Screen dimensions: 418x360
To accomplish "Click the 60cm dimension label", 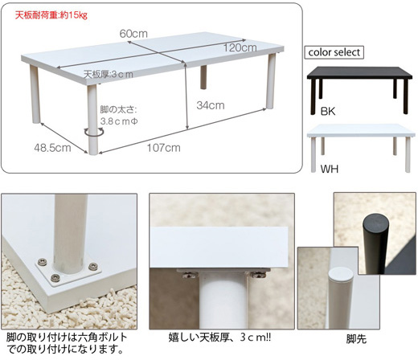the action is [x=133, y=34].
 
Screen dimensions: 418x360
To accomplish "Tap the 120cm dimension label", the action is [x=240, y=47].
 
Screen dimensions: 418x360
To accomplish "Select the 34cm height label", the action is [x=211, y=105].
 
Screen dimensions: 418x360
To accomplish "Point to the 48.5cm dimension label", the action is [x=52, y=148].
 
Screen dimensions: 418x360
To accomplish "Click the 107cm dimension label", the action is [x=164, y=148].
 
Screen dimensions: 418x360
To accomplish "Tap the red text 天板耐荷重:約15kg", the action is [x=51, y=15].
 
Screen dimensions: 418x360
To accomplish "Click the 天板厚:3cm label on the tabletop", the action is [x=109, y=74].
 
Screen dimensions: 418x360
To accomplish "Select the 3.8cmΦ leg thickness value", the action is [x=119, y=121].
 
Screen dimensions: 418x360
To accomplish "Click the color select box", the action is [x=334, y=52].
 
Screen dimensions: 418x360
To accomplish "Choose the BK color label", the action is [x=328, y=111].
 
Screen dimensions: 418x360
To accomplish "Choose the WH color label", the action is [x=330, y=169].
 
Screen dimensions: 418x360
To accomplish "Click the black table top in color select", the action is [x=359, y=73].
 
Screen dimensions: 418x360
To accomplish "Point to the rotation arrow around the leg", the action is [x=93, y=133].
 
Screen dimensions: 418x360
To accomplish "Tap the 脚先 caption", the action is [x=356, y=339].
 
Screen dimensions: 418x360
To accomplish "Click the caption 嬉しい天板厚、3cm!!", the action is [x=219, y=337].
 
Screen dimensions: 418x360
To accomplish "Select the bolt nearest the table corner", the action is [x=55, y=277].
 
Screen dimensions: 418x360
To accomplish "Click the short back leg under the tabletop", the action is [x=203, y=77].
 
